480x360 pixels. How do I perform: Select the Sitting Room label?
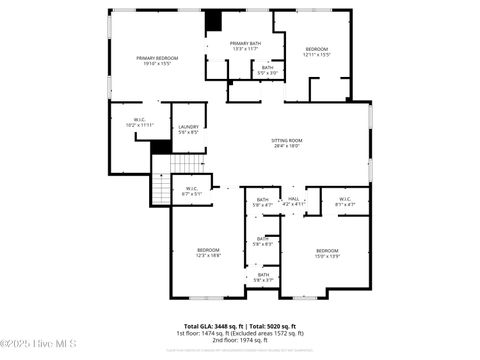tap(287, 143)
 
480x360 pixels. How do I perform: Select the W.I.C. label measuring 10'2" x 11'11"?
tap(140, 123)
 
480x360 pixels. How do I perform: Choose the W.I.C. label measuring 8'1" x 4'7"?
tap(345, 201)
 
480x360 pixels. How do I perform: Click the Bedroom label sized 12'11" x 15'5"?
tap(317, 51)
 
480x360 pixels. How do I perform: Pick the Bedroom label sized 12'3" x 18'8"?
tap(208, 252)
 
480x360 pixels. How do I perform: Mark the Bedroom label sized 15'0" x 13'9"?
tap(328, 252)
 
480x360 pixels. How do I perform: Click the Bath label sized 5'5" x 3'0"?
tap(268, 70)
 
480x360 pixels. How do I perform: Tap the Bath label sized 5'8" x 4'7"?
tap(263, 202)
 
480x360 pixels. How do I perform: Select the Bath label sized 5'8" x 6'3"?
tap(263, 241)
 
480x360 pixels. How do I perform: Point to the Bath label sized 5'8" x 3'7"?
tap(263, 277)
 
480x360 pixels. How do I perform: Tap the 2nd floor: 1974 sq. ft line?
tap(239, 339)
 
